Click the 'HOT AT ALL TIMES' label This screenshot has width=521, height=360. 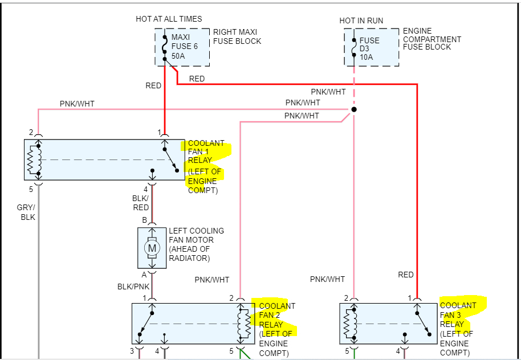pos(169,19)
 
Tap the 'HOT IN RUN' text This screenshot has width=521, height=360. pos(361,21)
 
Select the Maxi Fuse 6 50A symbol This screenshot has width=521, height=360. pos(165,47)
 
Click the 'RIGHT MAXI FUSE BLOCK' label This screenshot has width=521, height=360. pos(237,36)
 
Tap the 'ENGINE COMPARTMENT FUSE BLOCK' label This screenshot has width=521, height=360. pos(432,39)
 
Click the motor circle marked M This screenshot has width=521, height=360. pos(152,248)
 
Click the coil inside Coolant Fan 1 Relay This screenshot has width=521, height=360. pos(35,159)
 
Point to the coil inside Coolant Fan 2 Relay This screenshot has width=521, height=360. pos(244,324)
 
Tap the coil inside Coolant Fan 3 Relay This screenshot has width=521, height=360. pos(350,324)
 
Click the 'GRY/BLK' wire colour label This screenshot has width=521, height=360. pos(26,212)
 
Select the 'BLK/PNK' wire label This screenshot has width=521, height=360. pos(133,287)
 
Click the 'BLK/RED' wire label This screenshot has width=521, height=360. pos(141,203)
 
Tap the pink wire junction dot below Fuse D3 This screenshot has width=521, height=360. pos(354,109)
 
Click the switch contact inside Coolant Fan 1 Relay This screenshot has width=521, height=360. pos(171,159)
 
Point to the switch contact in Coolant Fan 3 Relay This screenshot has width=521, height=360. pos(423,324)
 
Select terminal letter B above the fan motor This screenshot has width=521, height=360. pos(145,220)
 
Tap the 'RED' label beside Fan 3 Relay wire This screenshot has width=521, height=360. pos(406,275)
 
